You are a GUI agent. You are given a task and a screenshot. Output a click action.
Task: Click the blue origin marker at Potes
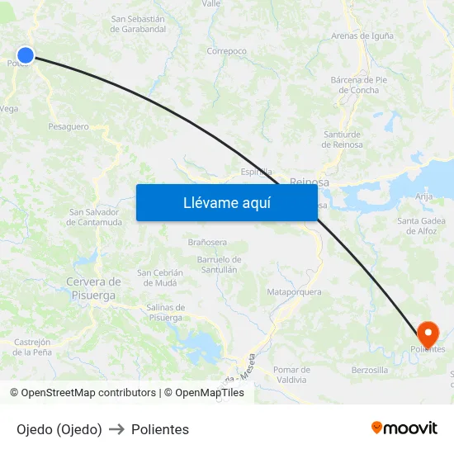point(26,55)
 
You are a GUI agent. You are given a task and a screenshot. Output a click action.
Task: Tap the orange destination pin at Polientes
point(428,333)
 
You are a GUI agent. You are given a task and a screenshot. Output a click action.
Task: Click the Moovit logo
point(404,428)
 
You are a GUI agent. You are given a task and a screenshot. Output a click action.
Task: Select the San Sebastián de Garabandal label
point(138,23)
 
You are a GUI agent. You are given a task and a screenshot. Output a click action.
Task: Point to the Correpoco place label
point(226,51)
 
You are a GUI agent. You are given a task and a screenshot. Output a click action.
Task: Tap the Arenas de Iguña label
point(362,35)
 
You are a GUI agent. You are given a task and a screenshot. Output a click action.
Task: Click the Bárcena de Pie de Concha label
point(359,85)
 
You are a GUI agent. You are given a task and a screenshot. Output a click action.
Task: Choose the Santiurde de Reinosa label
point(342,139)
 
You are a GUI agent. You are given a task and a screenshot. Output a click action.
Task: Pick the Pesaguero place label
point(69,126)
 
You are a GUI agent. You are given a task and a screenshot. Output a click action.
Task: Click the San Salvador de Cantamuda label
point(96,216)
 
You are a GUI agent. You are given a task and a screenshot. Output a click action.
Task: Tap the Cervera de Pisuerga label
point(93,287)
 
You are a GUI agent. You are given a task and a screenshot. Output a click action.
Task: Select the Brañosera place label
point(207,242)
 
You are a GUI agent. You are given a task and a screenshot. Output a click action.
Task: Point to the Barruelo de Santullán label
point(218,264)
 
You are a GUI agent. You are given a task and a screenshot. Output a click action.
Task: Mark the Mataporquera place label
point(294,292)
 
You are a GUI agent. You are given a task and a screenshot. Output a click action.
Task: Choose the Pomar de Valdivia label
point(291,375)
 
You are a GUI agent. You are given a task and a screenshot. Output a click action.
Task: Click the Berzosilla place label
point(369,371)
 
